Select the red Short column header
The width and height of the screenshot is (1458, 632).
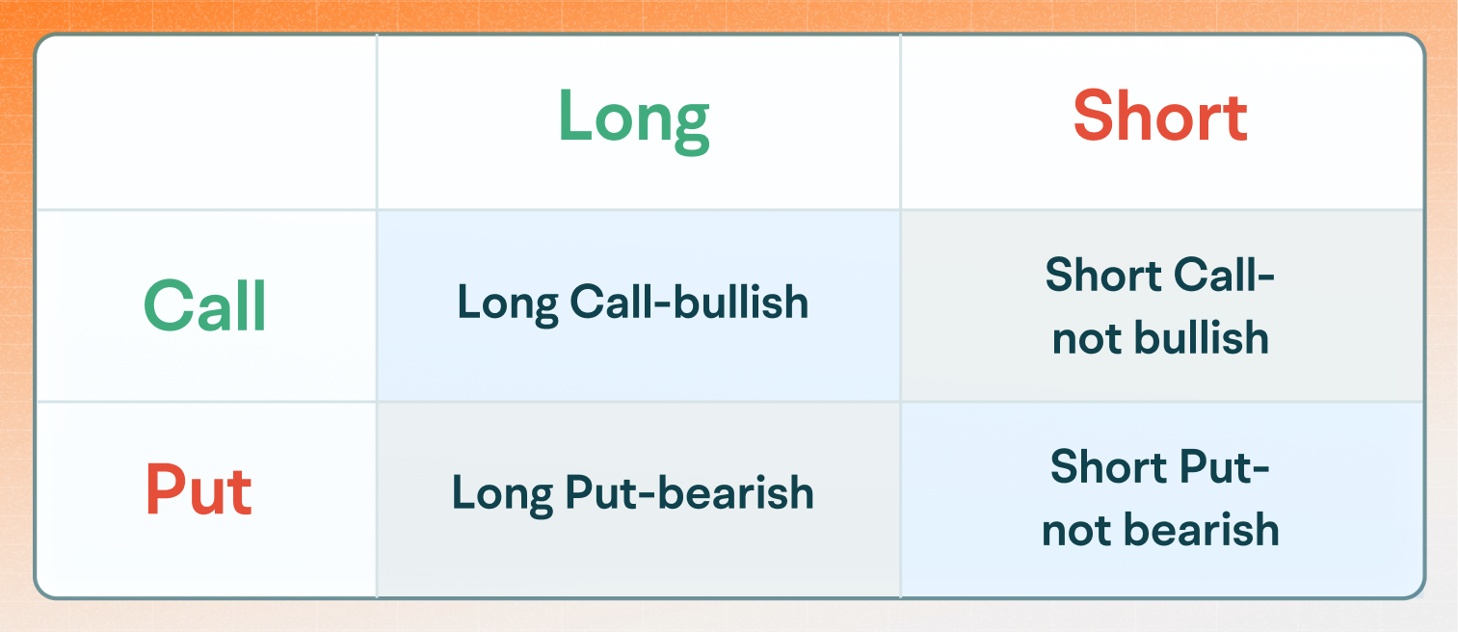point(1160,118)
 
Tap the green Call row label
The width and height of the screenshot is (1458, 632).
point(205,306)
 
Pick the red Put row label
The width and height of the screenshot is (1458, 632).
point(199,491)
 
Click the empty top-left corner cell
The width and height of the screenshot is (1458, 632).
point(205,122)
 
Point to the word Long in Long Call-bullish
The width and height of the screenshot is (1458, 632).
point(507,304)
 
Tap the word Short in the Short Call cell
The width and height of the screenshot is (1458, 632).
point(1102,276)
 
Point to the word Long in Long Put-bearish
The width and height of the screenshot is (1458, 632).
point(502,494)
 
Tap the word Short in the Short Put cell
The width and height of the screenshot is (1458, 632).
point(1107,468)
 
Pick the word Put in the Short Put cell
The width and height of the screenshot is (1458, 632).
point(1214,468)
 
